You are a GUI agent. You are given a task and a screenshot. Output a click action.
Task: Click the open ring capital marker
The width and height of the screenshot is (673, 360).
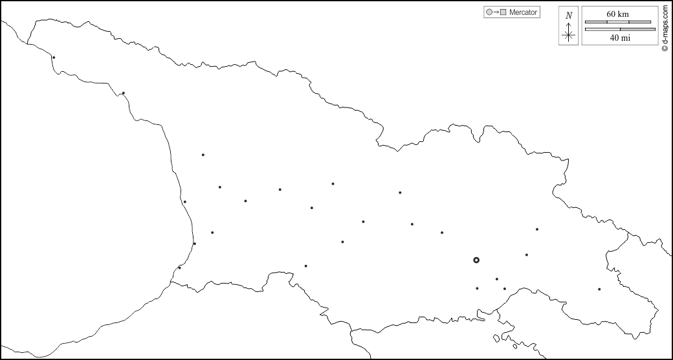click(476, 260)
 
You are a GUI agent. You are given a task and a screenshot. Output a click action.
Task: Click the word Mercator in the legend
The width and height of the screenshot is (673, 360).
click(524, 12)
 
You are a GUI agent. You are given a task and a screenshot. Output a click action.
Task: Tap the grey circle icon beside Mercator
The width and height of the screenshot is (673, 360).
click(489, 12)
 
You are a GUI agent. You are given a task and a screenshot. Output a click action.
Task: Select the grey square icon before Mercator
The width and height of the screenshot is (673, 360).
click(503, 12)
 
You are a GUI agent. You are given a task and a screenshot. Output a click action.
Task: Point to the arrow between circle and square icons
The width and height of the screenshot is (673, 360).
click(496, 12)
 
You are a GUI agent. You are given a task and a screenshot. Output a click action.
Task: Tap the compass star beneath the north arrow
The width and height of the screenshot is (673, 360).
click(568, 36)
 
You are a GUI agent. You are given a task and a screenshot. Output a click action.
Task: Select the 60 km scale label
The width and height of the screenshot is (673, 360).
click(617, 14)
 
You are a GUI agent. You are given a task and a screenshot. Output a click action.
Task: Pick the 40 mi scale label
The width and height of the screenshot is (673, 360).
click(620, 38)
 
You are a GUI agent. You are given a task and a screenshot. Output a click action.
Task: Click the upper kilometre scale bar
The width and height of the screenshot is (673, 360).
click(618, 22)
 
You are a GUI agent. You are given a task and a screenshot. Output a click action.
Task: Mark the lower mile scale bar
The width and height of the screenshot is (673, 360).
click(620, 29)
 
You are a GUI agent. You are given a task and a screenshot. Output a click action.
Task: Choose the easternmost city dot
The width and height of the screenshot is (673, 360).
click(599, 289)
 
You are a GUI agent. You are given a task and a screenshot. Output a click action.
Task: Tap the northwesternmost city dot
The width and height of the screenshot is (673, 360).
click(54, 58)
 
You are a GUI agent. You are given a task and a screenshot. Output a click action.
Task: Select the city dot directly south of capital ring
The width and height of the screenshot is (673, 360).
click(477, 288)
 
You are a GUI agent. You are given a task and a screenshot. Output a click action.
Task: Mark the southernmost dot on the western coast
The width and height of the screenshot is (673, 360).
click(179, 267)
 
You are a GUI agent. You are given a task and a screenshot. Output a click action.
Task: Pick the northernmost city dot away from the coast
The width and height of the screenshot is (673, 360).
click(203, 155)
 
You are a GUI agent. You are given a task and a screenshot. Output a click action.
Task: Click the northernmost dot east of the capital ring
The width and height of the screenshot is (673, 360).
click(536, 229)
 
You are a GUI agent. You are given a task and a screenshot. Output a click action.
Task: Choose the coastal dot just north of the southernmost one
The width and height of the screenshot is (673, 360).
click(194, 243)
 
